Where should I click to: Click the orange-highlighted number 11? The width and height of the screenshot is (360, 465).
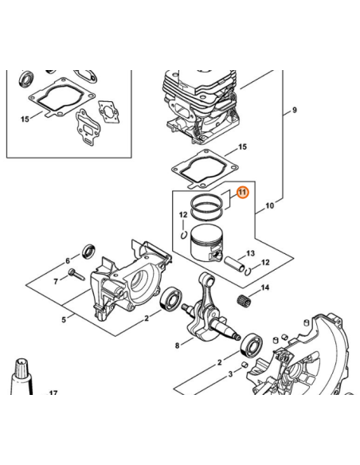(243, 192)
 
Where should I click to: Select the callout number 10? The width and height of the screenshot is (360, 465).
(269, 206)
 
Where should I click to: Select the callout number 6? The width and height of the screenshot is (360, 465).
(68, 261)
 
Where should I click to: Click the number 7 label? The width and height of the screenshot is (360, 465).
(55, 281)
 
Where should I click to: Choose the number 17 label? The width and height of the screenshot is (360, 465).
(53, 393)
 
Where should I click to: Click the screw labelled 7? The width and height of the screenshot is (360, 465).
(76, 276)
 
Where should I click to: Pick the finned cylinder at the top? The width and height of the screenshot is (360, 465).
(198, 100)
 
